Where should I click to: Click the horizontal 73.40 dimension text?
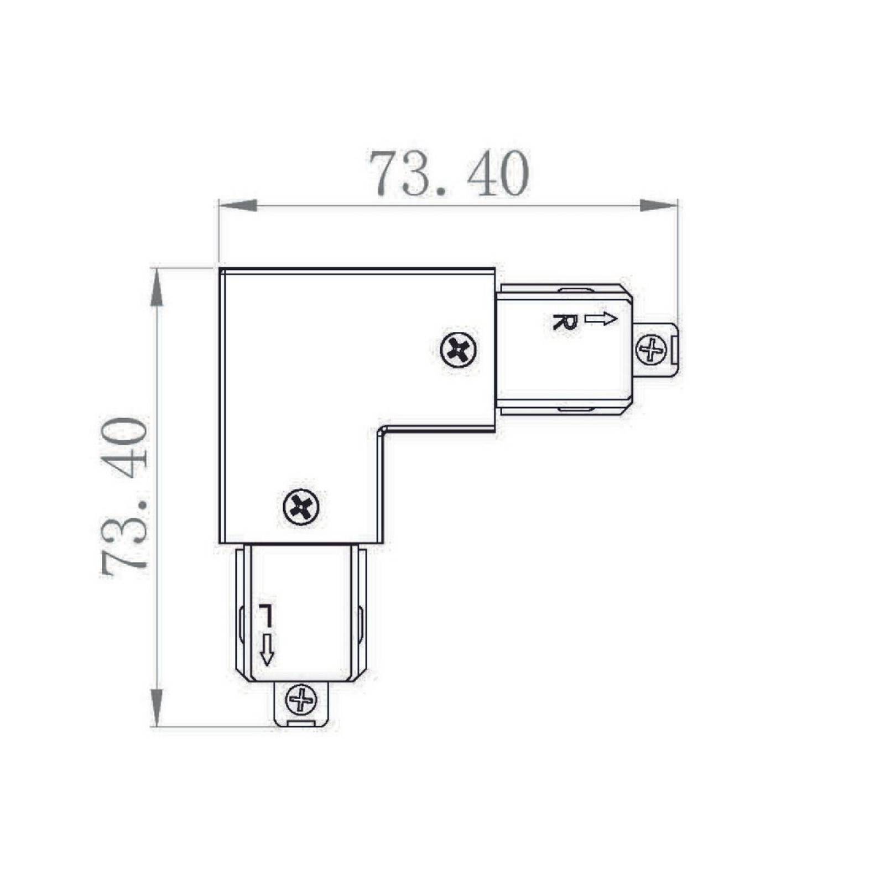449,174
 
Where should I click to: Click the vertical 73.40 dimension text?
124,497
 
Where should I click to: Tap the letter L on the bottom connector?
265,614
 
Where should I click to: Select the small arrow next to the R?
601,319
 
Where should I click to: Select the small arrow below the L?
267,649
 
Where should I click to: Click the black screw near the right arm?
459,350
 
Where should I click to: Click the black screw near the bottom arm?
301,506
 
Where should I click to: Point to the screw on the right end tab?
652,350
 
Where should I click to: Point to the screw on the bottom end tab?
301,700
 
